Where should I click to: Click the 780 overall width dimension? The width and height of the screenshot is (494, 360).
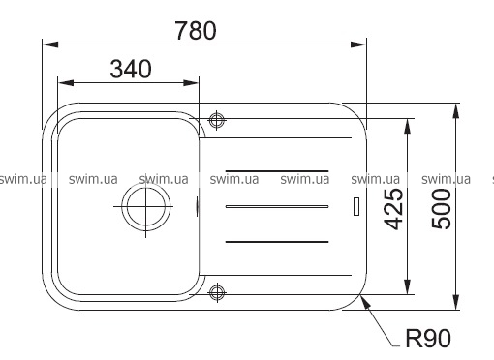[x=196, y=31]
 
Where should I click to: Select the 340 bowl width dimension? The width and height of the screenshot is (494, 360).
[x=131, y=69]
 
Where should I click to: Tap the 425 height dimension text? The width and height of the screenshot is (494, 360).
[x=394, y=209]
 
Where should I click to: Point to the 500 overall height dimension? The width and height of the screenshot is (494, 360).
[x=442, y=209]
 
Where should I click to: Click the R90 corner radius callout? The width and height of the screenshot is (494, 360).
[x=428, y=339]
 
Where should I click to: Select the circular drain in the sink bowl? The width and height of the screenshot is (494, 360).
[x=146, y=207]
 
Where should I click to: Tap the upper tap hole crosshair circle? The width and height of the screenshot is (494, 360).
[x=217, y=120]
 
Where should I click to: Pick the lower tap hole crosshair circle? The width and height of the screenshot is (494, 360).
[x=217, y=292]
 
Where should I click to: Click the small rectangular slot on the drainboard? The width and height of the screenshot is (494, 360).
[x=356, y=206]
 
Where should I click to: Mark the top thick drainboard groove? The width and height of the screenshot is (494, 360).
[x=277, y=170]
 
